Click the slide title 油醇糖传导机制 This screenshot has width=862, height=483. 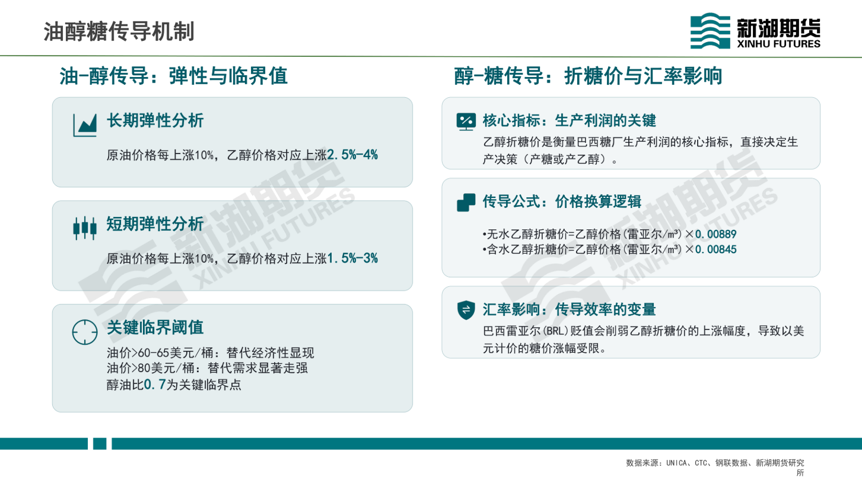click(119, 31)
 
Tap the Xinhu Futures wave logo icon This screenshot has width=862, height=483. click(710, 31)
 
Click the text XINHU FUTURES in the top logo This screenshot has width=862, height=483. click(778, 44)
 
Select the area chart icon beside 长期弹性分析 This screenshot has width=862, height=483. click(85, 125)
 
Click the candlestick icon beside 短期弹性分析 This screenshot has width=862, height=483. click(85, 228)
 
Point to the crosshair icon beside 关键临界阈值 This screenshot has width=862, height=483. click(85, 332)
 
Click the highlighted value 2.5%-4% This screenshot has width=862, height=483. click(352, 155)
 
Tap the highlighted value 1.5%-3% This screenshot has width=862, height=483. click(352, 258)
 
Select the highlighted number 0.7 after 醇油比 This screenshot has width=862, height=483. click(155, 384)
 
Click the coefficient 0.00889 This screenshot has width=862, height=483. click(716, 234)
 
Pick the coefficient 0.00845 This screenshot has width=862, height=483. click(716, 249)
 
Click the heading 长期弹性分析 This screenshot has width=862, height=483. click(155, 120)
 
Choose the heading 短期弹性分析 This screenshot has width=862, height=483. click(155, 224)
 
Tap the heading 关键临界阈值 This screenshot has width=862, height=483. click(155, 327)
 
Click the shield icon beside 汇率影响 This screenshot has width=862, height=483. click(466, 310)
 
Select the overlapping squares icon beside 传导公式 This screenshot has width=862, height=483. click(466, 202)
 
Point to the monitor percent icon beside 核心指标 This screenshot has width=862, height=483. click(466, 121)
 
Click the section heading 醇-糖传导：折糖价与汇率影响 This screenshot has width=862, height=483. click(588, 76)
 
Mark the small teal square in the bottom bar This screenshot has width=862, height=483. click(100, 443)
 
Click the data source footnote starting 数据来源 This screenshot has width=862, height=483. click(715, 467)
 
